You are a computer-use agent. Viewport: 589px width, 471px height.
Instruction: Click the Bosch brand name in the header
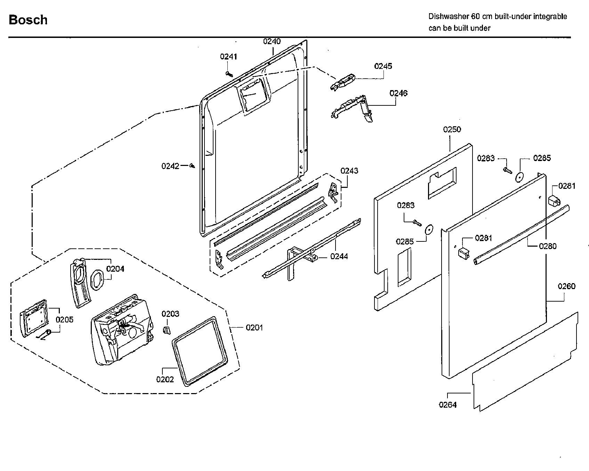point(28,20)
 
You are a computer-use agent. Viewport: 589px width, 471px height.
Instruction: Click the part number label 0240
point(272,41)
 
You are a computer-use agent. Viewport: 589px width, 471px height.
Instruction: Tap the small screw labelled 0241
point(228,73)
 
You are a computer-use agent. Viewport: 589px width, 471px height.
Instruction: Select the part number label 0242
point(170,166)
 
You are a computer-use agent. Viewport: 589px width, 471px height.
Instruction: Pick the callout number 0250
point(452,130)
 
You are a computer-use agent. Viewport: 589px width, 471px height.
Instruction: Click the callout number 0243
point(349,171)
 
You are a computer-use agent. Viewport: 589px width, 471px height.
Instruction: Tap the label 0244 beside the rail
point(339,257)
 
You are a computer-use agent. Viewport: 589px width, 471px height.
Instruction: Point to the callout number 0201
point(254,328)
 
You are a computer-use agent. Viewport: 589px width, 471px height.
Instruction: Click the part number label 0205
point(65,320)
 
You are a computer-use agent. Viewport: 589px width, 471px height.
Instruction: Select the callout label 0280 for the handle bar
point(548,246)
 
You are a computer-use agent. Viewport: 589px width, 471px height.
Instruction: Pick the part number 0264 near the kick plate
point(447,405)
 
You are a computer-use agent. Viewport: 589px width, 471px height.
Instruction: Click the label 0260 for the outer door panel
point(566,287)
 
